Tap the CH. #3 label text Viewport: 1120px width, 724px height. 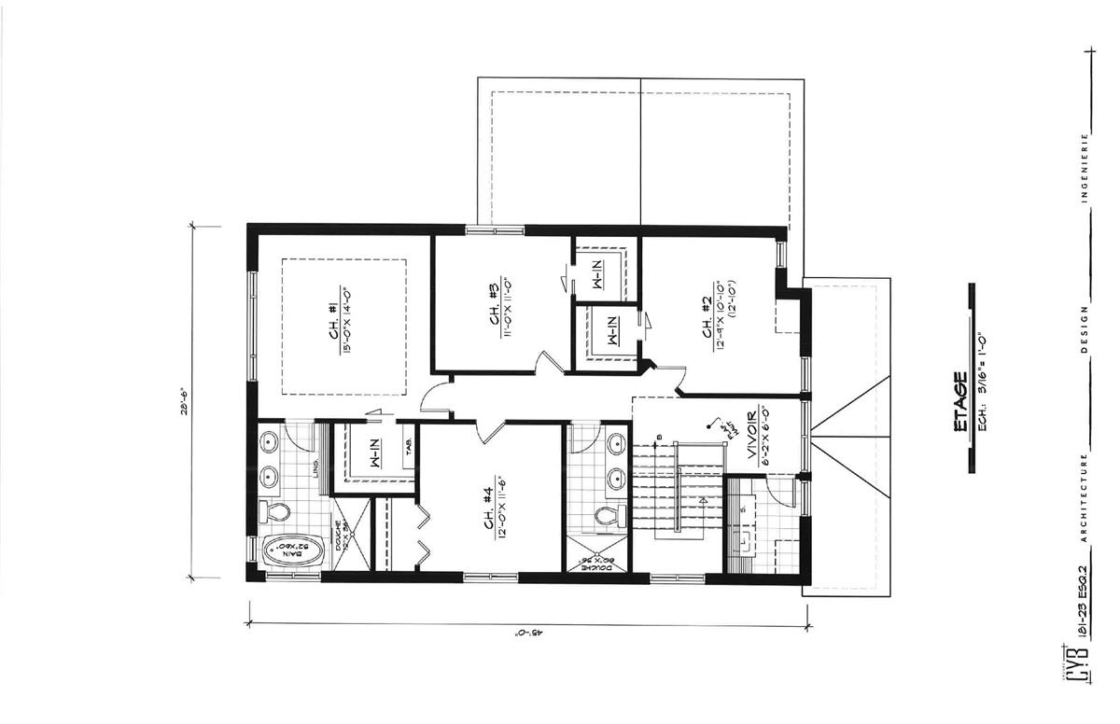(x=493, y=303)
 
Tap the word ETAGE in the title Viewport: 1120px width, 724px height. (x=958, y=403)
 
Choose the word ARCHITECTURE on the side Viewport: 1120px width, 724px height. (x=1085, y=494)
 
